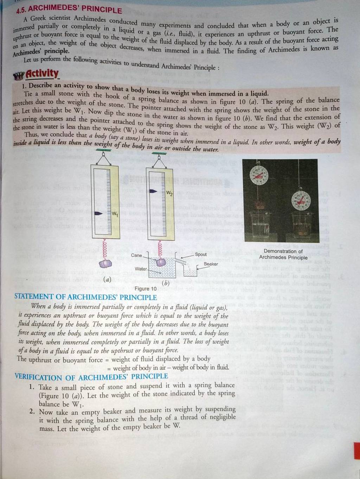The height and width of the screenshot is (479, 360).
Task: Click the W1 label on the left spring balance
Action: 115,214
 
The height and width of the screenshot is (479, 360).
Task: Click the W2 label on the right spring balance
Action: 169,193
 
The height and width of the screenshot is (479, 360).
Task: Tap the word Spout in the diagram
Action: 201,254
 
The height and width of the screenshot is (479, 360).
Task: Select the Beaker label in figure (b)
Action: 211,264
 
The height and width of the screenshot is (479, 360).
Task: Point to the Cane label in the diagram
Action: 136,255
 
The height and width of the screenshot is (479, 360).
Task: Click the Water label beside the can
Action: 141,269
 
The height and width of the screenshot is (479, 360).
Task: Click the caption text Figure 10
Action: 146,289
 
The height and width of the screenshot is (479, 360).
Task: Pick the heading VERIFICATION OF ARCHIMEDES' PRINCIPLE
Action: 91,377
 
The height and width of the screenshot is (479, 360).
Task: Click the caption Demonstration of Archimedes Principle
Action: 283,254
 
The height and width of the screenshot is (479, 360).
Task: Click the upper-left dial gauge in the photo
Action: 258,175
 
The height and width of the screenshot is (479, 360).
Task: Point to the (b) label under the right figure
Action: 166,283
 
